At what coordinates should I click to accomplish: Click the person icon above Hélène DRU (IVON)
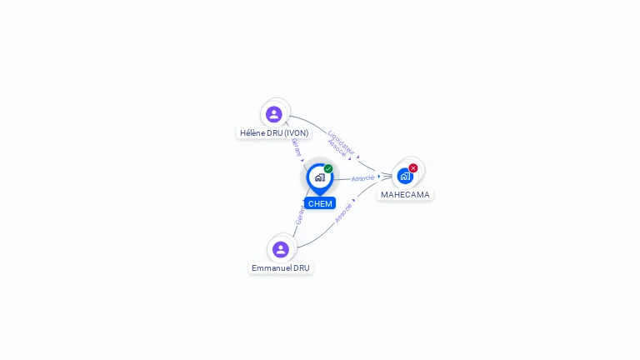pos(274,114)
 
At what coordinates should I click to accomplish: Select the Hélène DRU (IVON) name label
pos(274,132)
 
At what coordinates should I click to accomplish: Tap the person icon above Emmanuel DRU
pos(281,249)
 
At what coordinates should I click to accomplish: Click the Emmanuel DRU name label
pos(281,268)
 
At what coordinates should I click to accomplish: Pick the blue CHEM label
pos(320,203)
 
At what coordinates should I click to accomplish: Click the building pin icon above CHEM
pos(319,177)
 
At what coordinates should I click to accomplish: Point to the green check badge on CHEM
pos(328,168)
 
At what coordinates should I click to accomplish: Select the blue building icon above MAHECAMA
pos(404,176)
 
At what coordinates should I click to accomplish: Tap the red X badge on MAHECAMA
pos(413,168)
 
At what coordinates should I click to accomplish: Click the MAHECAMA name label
pos(405,195)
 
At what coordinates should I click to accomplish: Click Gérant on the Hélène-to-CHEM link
pos(297,147)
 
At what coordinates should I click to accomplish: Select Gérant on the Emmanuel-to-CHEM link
pos(300,215)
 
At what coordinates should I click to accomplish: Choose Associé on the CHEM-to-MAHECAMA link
pos(362,178)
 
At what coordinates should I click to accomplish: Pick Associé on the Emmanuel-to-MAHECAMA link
pos(343,213)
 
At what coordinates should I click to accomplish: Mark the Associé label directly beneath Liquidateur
pos(337,148)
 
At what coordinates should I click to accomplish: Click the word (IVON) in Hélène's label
pos(297,132)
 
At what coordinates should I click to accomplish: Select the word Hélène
pos(252,132)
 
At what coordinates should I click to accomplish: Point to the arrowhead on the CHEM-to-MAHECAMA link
pos(380,176)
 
